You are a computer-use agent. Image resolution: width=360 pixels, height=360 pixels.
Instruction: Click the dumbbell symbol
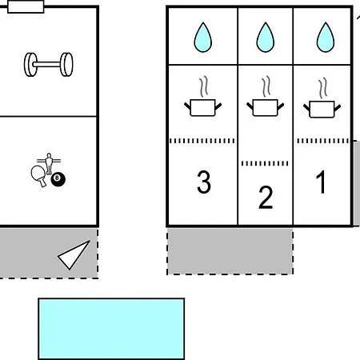48,65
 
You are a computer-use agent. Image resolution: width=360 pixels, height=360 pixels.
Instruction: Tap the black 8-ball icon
58,179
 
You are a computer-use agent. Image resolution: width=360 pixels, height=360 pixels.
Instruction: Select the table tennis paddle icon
38,176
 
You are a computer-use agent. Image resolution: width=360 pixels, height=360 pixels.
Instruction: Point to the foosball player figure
49,163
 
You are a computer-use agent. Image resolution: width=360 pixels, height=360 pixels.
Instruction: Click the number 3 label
204,182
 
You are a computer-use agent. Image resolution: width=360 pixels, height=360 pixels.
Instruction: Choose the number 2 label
266,198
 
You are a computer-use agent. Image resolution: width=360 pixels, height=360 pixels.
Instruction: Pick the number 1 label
321,182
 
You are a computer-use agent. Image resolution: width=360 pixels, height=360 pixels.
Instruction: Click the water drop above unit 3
203,37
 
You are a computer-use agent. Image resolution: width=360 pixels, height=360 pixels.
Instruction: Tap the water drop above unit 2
266,37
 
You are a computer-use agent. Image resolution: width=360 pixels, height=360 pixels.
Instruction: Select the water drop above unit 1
326,37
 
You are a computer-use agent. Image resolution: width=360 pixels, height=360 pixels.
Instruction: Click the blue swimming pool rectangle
111,329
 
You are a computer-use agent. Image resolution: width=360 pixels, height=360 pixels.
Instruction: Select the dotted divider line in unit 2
265,163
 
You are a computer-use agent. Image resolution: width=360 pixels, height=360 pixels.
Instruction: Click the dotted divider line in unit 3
202,141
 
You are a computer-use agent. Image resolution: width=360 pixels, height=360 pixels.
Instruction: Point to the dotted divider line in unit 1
323,141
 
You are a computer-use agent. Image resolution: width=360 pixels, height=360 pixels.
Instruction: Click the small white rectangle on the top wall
26,6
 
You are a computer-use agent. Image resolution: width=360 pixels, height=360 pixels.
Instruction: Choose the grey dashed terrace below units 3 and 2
230,251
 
